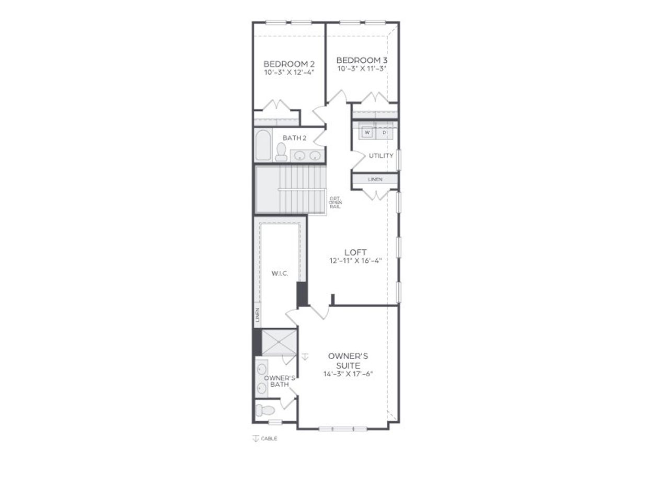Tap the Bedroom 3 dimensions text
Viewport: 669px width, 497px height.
362,68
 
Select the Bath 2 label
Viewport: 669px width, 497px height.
295,138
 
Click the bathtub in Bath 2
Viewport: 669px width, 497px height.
263,145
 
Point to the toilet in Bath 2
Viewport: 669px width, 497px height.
281,153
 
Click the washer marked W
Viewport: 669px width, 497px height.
367,133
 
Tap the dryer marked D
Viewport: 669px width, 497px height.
384,133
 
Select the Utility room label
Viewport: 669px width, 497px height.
381,156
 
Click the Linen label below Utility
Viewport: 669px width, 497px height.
375,179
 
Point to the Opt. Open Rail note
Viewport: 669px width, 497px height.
335,202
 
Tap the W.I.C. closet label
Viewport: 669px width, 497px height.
280,273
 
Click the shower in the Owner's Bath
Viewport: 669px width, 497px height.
279,342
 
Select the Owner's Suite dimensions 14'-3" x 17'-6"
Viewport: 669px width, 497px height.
348,374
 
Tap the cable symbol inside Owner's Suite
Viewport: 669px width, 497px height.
305,356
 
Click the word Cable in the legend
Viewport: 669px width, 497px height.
269,438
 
